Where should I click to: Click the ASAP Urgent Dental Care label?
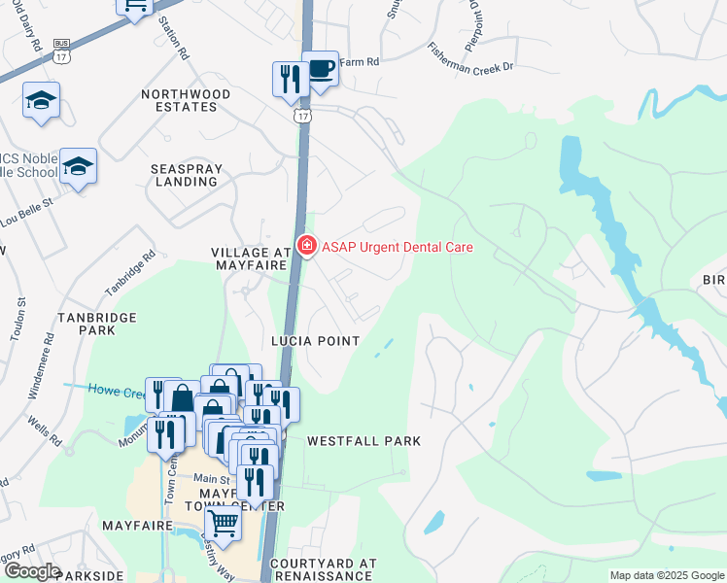pos(398,247)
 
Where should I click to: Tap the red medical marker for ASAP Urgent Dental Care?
pos(307,247)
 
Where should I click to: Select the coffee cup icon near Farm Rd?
pos(320,69)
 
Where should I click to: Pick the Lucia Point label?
pos(315,341)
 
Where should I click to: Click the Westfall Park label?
pos(363,441)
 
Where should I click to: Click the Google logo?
pos(32,571)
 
